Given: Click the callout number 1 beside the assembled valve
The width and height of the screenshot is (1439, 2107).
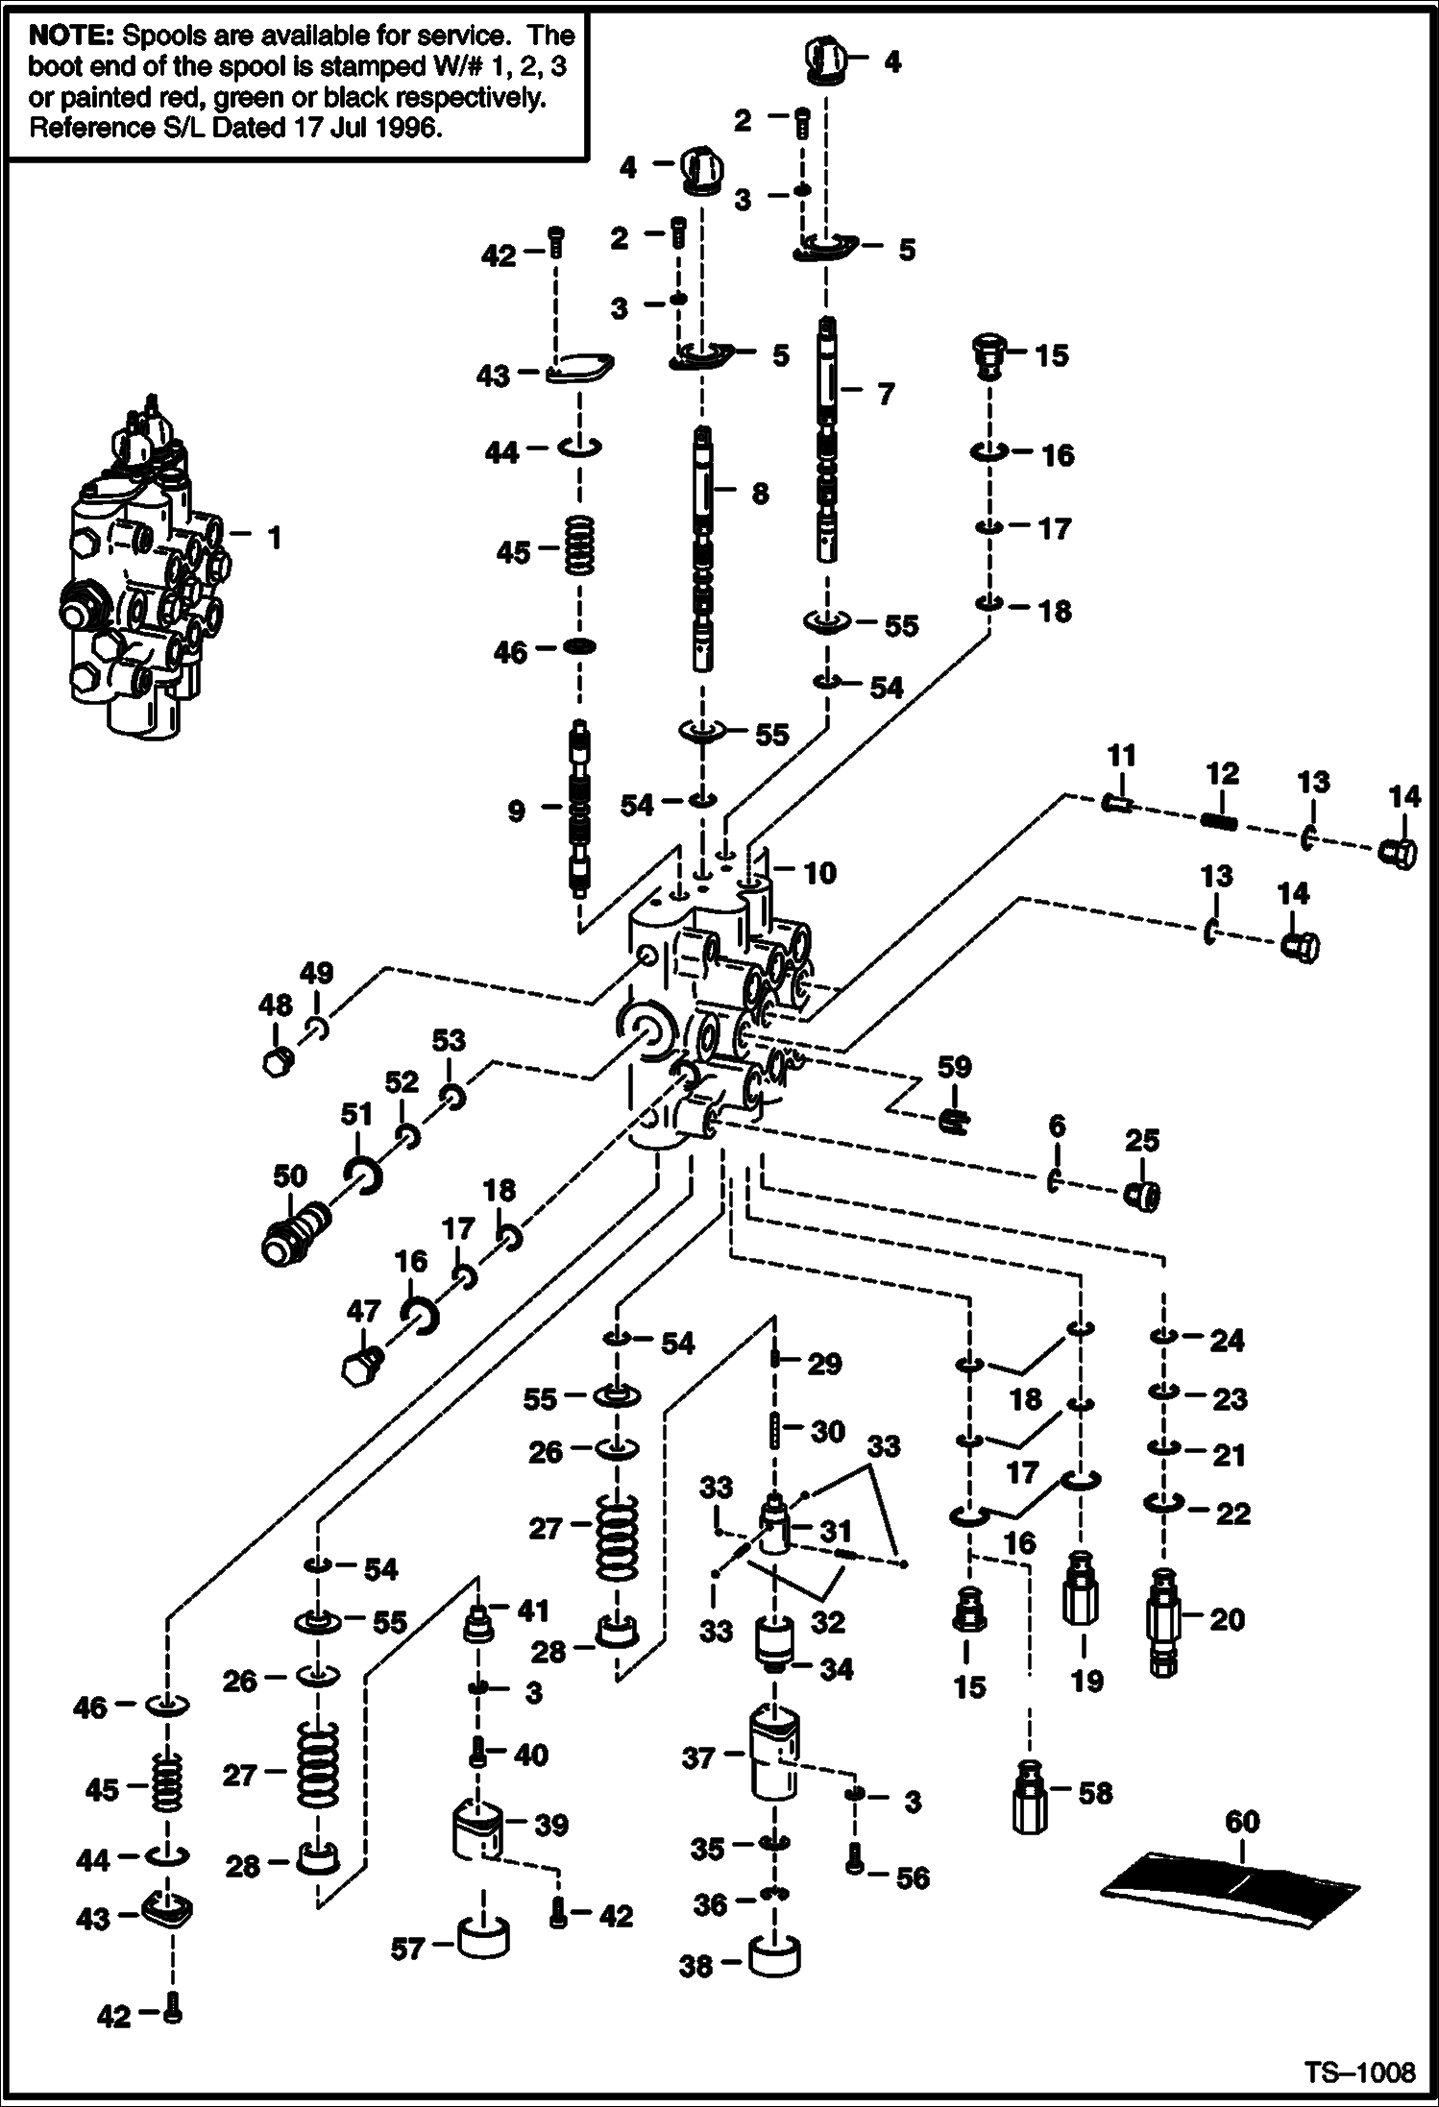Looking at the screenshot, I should coord(275,539).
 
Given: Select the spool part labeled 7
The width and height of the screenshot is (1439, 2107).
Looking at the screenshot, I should coord(828,442).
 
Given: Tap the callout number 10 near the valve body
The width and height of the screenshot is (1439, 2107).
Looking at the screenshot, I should coord(819,873).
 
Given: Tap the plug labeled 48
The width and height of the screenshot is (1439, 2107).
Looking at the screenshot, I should coord(276,1062).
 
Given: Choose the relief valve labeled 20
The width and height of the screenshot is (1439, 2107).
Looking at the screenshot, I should coord(1164,1623).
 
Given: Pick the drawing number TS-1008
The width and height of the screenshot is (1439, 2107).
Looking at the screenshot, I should coord(1359,2072).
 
